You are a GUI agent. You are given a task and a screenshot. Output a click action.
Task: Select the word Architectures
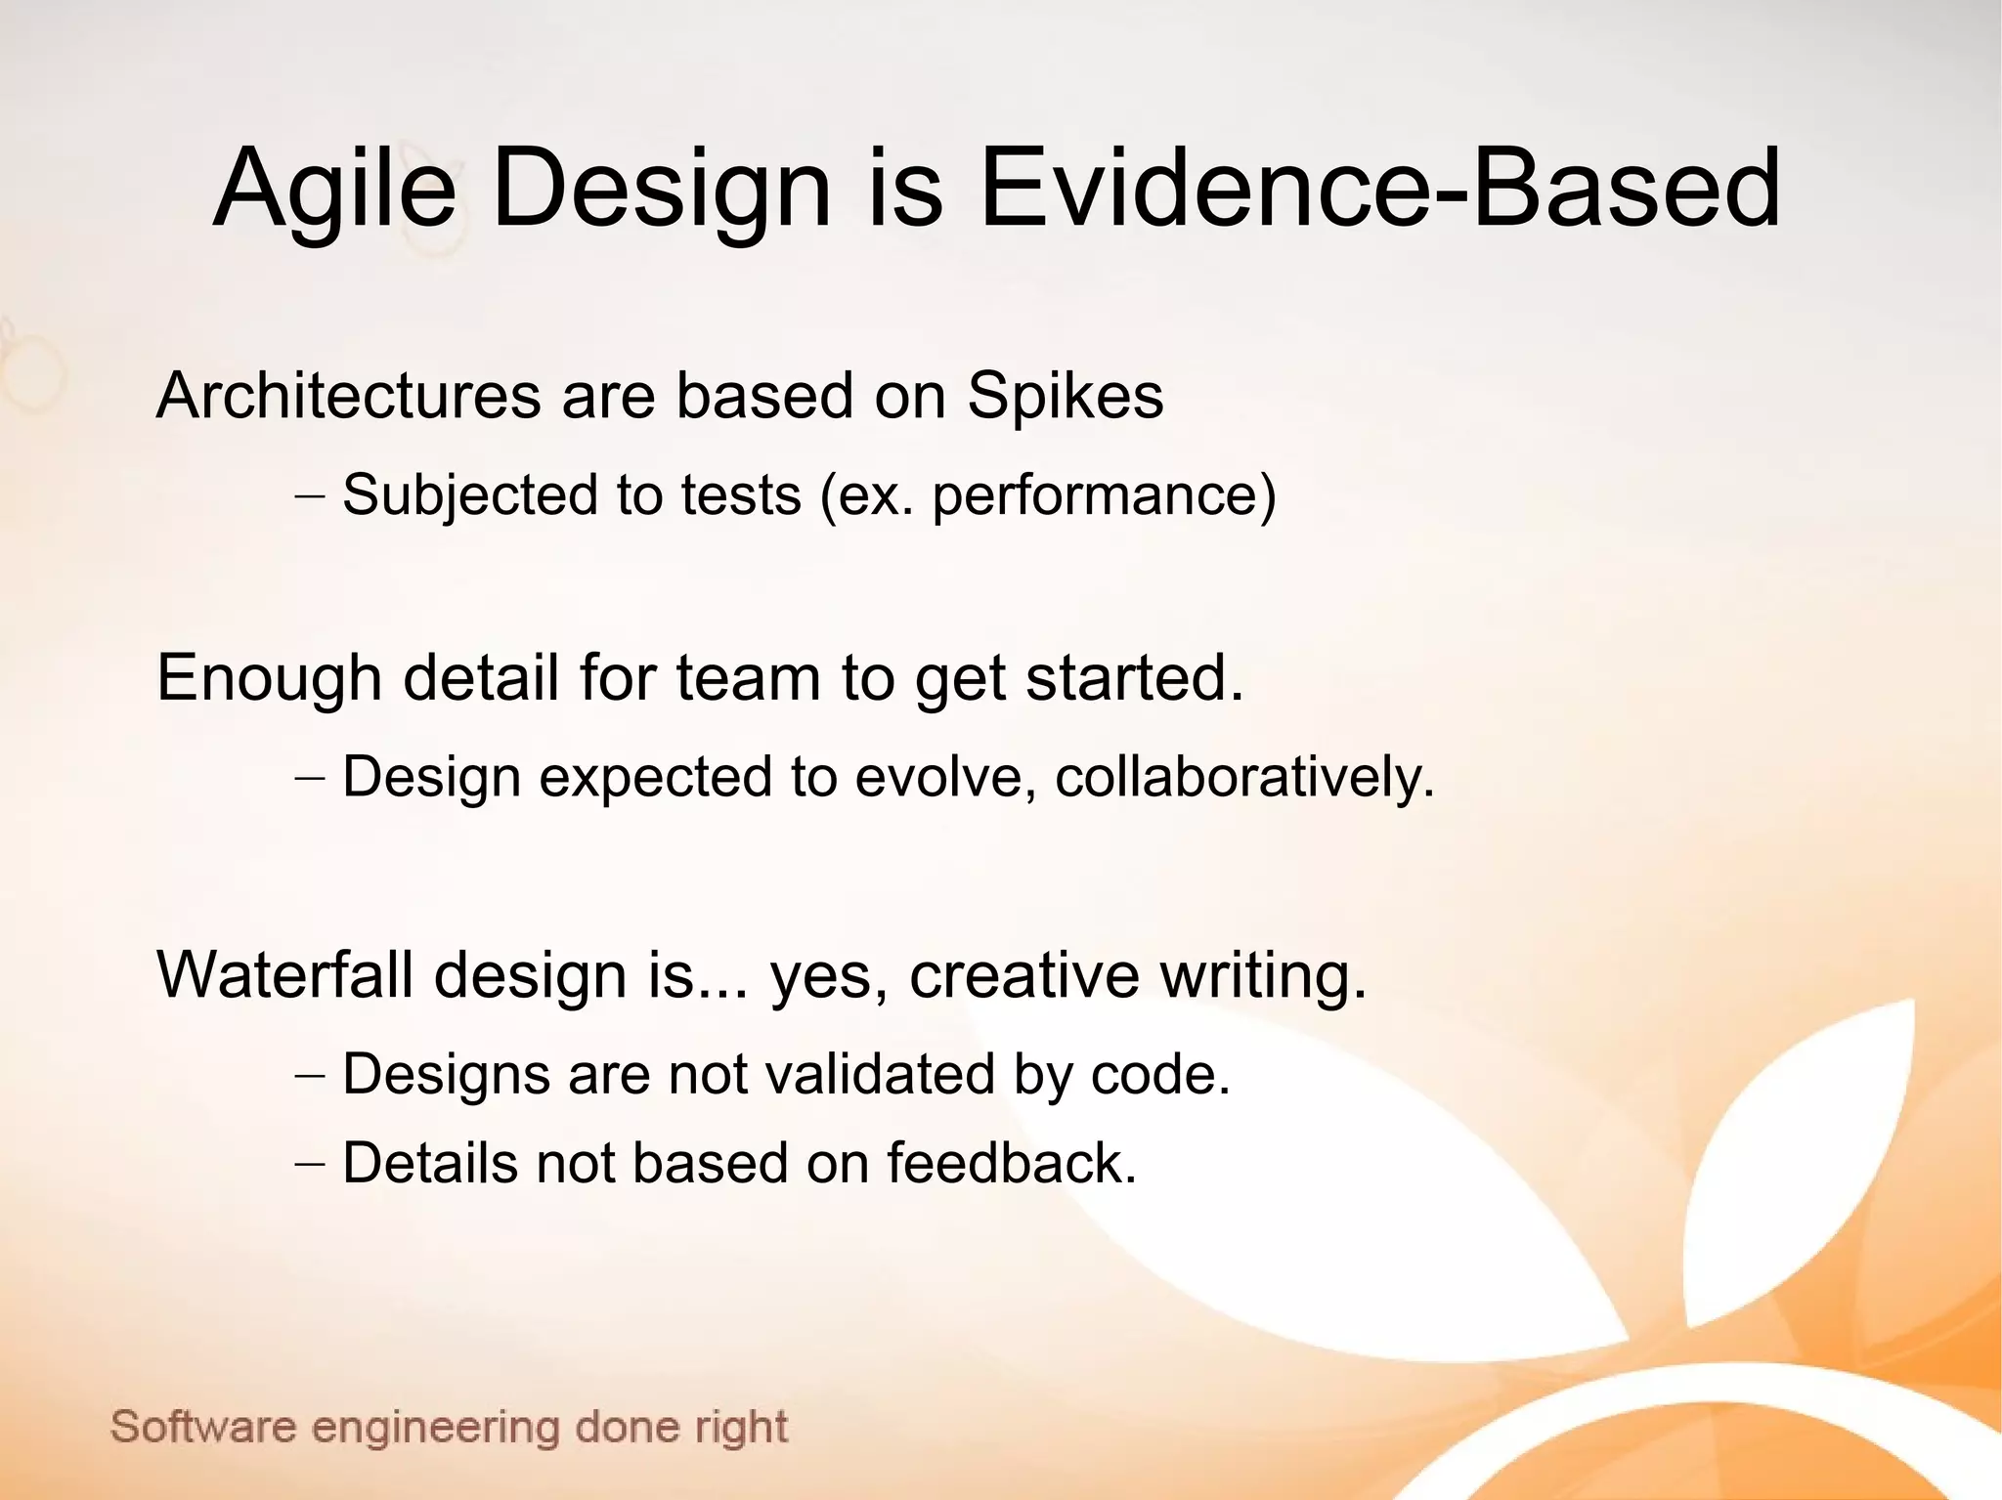tap(348, 396)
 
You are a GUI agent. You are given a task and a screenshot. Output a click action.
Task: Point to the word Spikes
tap(1065, 398)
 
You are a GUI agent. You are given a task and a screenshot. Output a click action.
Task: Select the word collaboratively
tap(1243, 777)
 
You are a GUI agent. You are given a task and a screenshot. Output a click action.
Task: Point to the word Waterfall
tap(289, 974)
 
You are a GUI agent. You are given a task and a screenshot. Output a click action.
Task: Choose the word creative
tap(1023, 974)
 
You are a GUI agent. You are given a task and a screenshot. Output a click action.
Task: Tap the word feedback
tap(1011, 1163)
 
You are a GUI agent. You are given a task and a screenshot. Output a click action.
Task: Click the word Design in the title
tap(661, 189)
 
